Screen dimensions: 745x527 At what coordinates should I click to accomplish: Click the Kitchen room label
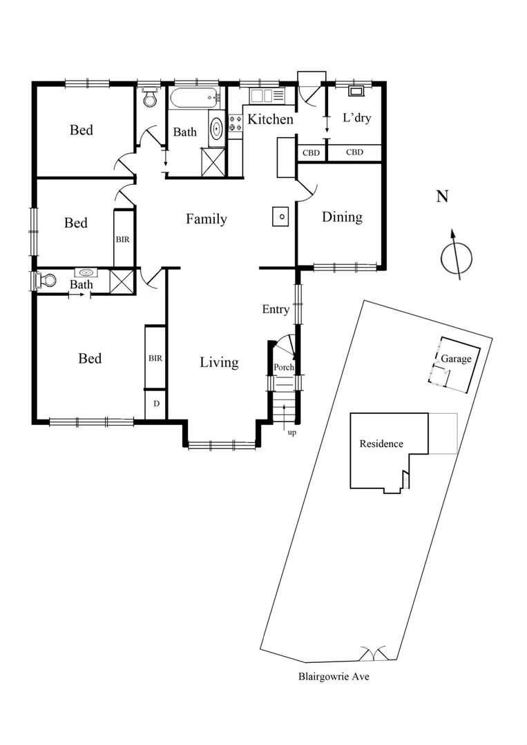pos(270,119)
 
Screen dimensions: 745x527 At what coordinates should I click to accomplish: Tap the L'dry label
pos(356,118)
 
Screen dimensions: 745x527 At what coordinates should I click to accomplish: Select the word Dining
pos(342,217)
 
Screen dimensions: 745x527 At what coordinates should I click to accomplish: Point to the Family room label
pos(206,219)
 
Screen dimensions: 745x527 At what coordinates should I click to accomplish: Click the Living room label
pos(219,362)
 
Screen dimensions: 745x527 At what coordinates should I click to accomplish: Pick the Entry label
pos(275,310)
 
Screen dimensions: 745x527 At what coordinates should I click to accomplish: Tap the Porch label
pos(284,368)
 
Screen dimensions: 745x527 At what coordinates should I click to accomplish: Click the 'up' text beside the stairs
pos(292,433)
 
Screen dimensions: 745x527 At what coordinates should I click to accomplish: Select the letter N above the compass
pos(442,197)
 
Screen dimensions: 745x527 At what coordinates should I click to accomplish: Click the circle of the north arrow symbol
pos(457,259)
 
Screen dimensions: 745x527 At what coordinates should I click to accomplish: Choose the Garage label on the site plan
pos(457,359)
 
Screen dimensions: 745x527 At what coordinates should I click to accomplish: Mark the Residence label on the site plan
pos(381,444)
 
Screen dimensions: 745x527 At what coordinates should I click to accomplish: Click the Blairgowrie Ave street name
pos(334,677)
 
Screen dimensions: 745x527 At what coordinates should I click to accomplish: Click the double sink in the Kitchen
pos(262,96)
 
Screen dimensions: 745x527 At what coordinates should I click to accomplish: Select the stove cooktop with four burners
pos(234,124)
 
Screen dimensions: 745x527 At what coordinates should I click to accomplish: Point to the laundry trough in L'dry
pos(357,90)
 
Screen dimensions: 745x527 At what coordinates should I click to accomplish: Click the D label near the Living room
pos(156,404)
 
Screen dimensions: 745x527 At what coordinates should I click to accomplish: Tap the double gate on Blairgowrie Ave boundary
pos(378,652)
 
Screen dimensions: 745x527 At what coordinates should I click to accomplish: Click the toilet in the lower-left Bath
pos(46,280)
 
